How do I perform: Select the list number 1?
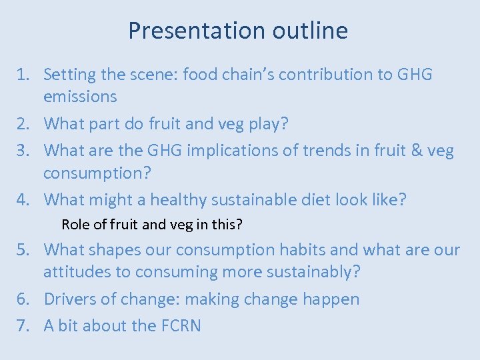(23, 75)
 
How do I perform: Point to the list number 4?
(23, 199)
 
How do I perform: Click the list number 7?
(23, 325)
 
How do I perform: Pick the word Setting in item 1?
(69, 75)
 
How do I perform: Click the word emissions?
(80, 97)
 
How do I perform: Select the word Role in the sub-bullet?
(75, 225)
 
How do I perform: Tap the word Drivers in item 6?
(69, 299)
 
